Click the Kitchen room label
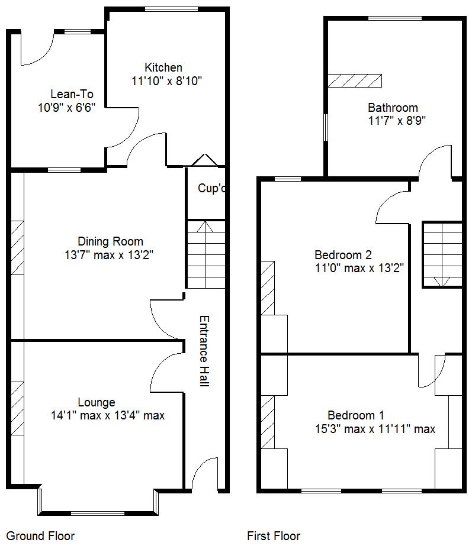point(163,67)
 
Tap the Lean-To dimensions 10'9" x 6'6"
point(66,107)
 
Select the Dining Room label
point(110,241)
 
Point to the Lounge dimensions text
point(108,415)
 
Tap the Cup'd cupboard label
point(212,188)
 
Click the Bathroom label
point(393,108)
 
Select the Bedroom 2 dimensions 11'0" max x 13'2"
point(359,268)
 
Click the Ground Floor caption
point(40,536)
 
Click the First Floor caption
point(274,536)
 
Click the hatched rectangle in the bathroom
point(355,80)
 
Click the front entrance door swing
point(204,473)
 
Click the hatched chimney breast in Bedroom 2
point(268,288)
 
